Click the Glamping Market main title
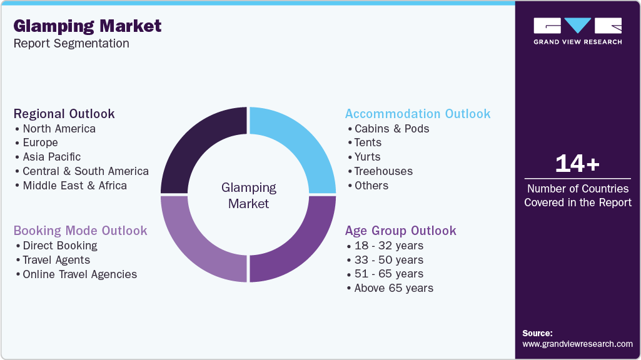coord(88,26)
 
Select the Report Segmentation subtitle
coord(71,44)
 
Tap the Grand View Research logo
coord(577,31)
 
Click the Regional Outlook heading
coord(64,114)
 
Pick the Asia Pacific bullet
coord(52,157)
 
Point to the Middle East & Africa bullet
coord(74,186)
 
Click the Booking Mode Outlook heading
coord(81,231)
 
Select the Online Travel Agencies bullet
coord(79,274)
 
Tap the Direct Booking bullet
coord(60,246)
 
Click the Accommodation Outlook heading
coord(418,114)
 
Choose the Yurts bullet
coord(367,157)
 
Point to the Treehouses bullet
coord(383,171)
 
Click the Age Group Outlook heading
coord(401,231)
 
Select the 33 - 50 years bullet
coord(388,260)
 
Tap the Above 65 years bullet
coord(393,288)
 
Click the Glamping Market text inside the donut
coord(249,195)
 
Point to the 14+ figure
coord(577,164)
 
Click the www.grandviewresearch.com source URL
coord(577,344)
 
